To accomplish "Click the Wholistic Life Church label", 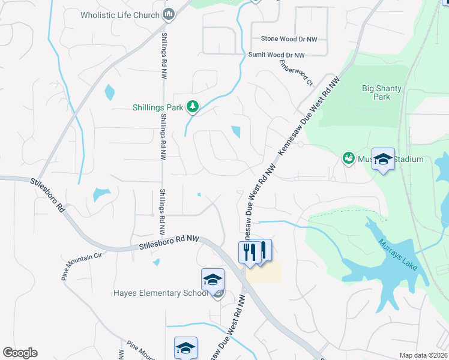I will coord(120,14).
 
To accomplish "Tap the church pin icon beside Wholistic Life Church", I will coord(169,14).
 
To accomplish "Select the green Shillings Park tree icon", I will coord(192,107).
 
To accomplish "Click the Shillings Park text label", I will coord(158,108).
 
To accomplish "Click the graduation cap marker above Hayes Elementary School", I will coord(212,280).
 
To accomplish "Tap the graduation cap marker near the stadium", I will coord(383,159).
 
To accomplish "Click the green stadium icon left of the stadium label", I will coord(348,158).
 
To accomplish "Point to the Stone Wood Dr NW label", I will coord(289,39).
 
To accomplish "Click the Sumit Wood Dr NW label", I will coord(277,55).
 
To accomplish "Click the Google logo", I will coord(20,353).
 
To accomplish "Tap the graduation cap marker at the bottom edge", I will coord(185,348).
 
